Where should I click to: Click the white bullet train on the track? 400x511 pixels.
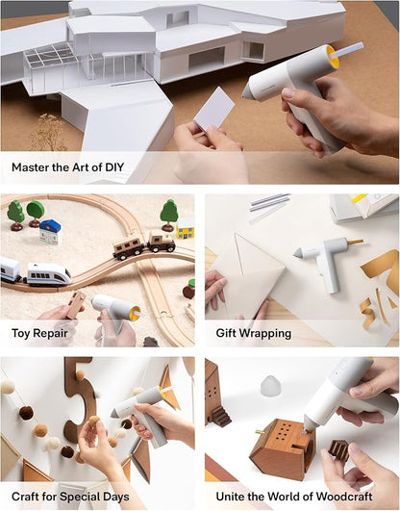point(47,274)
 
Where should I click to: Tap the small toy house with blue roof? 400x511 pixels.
point(50,231)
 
